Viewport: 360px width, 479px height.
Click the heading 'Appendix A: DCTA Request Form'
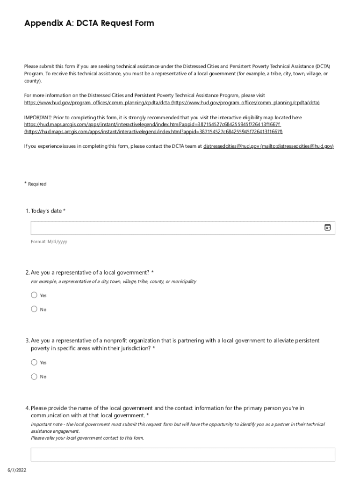89,23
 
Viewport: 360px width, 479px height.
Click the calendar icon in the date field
327,227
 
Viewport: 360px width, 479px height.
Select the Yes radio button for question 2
34,295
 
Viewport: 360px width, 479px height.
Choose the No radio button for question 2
34,309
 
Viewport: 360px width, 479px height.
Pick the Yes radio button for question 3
34,363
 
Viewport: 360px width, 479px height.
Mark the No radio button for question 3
34,377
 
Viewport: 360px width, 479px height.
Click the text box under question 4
183,454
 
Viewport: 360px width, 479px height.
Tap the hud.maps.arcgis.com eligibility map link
152,125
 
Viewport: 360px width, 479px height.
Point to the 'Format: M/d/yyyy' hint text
49,242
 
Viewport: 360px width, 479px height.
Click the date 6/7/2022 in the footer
16,470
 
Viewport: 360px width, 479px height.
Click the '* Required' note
36,184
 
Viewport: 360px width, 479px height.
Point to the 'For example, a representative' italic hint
113,282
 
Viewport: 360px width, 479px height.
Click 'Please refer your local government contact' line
87,438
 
